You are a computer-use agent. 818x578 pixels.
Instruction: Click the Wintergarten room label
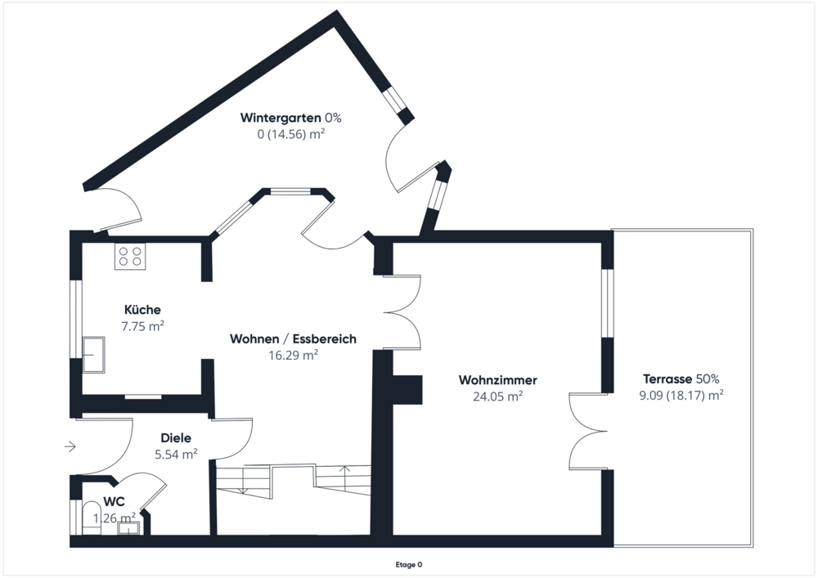[x=281, y=118]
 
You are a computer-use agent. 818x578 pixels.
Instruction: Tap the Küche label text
[x=142, y=310]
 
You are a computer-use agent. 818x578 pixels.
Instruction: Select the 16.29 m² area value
[x=293, y=355]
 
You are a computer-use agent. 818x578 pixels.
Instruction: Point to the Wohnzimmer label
[x=497, y=380]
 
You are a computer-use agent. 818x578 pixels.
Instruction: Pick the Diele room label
[x=176, y=438]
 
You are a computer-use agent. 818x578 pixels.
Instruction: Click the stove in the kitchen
[x=130, y=257]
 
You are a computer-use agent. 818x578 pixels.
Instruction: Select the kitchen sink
[x=94, y=354]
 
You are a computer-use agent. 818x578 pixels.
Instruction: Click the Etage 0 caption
[x=408, y=564]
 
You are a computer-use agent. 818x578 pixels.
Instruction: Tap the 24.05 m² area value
[x=497, y=397]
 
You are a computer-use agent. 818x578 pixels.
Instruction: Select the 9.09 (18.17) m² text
[x=681, y=396]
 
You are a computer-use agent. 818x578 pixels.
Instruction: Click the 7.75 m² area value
[x=142, y=325]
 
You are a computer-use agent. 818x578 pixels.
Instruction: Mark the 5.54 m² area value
[x=176, y=454]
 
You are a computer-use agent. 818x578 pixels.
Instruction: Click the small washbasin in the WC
[x=129, y=527]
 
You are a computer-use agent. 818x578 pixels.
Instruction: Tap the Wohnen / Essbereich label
[x=293, y=338]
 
